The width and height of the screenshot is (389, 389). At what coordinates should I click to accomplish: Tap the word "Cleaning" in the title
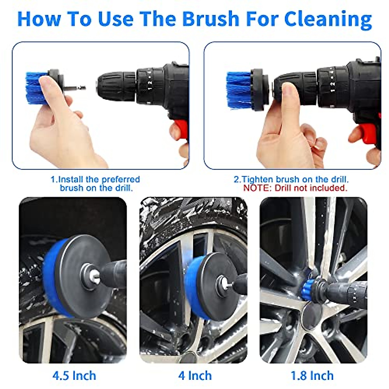coord(328,19)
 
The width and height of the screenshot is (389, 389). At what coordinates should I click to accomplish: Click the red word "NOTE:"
coord(257,188)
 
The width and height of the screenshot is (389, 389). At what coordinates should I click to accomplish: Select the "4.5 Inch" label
coord(74,376)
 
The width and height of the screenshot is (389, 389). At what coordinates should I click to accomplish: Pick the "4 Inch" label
coord(195,376)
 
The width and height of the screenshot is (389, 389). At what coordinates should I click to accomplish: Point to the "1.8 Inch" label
coord(312,376)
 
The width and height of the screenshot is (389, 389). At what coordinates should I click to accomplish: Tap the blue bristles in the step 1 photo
coord(34,88)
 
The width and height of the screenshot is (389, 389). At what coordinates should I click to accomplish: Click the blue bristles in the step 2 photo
coord(238,89)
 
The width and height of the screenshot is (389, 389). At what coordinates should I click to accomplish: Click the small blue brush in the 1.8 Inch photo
coord(306,289)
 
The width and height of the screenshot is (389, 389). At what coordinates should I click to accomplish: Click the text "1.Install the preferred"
coord(95,180)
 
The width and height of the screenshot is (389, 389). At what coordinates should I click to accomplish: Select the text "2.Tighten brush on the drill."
coord(291,180)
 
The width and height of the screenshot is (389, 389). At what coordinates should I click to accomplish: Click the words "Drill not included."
coord(311,188)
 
